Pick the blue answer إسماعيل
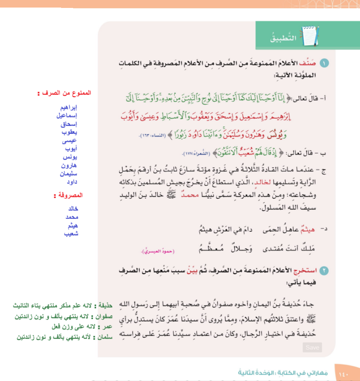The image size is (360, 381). pyautogui.click(x=66, y=116)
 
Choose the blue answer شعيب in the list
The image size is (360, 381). pyautogui.click(x=71, y=234)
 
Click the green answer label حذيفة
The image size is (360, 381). pyautogui.click(x=105, y=306)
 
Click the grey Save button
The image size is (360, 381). pyautogui.click(x=312, y=347)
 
